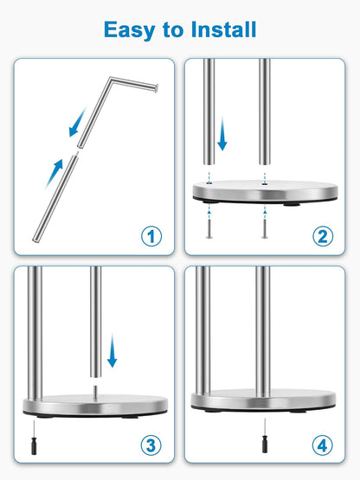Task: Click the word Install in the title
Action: coord(220,29)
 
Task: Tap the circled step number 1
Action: coord(151,235)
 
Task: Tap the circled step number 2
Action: coord(324,235)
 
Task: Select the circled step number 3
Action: coord(151,445)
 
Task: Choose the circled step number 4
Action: coord(324,445)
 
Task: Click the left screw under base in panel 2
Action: coord(209,227)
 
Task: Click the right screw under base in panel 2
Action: coord(263,227)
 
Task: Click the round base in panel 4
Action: coord(263,400)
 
